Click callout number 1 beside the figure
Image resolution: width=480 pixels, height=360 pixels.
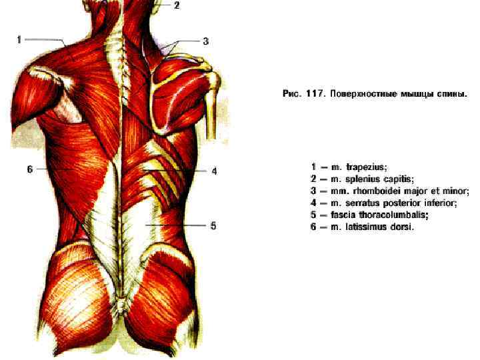point(19,39)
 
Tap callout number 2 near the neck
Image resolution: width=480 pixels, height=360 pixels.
point(177,5)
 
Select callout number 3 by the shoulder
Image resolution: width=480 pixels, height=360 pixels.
point(206,41)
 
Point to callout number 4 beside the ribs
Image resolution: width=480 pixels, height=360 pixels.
point(214,171)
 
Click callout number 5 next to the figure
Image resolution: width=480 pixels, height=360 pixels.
point(213,226)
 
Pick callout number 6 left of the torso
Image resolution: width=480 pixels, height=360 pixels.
point(29,169)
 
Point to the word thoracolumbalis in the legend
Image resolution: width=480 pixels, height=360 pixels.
point(395,215)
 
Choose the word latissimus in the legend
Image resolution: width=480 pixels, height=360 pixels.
point(366,227)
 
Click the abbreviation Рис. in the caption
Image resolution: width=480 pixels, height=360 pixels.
point(291,95)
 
